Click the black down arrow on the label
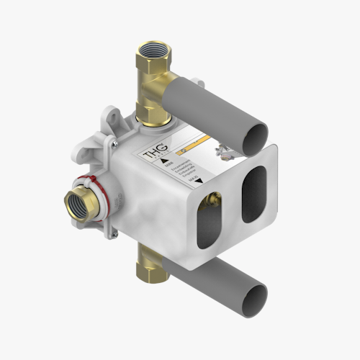point(197,183)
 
